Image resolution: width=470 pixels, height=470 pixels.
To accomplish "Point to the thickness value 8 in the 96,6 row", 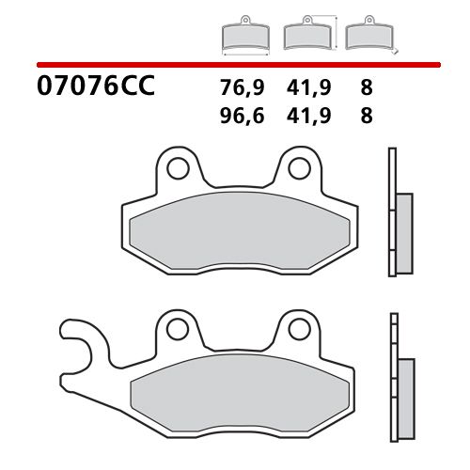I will click(x=366, y=117).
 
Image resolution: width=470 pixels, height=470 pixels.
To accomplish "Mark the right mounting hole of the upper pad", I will click(x=298, y=168).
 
